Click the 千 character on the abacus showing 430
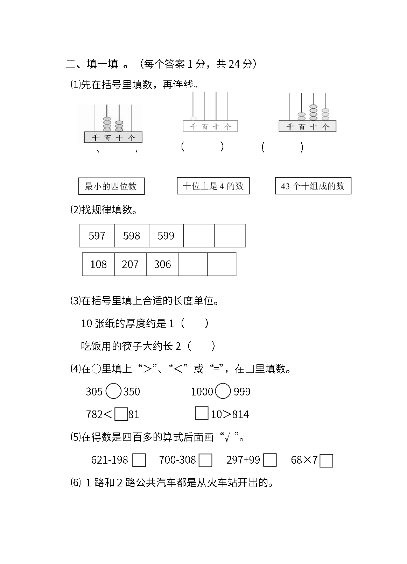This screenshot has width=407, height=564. (95, 137)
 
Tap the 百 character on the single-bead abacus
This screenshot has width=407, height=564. (204, 126)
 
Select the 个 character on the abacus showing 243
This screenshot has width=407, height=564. (325, 126)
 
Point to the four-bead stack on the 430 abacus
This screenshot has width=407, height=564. (107, 124)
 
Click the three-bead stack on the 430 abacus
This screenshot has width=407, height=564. (119, 126)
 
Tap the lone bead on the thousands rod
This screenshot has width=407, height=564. (192, 119)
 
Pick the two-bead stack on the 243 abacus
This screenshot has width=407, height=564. (301, 116)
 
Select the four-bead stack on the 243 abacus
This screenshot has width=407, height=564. (313, 112)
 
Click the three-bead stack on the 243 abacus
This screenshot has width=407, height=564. (325, 114)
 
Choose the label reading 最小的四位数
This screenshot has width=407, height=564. (111, 186)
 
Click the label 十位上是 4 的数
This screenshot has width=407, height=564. (213, 186)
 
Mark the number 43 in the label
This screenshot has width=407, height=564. (285, 186)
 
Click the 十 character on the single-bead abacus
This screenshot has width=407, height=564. (216, 126)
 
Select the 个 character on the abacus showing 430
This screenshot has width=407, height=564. (132, 137)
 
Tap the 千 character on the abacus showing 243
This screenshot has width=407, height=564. (290, 126)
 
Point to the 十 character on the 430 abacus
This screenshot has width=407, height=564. (119, 137)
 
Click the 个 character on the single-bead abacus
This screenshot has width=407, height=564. (227, 126)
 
